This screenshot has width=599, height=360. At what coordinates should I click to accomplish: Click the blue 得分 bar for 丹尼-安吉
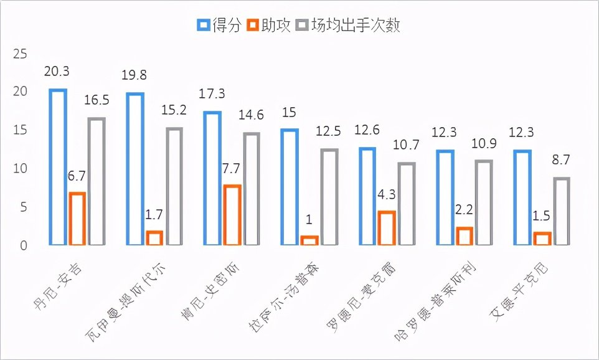[58, 168]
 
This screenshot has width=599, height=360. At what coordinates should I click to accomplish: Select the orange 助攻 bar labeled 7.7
[232, 215]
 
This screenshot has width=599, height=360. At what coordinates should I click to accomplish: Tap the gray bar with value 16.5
[97, 182]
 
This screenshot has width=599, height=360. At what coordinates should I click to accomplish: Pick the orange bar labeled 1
[309, 240]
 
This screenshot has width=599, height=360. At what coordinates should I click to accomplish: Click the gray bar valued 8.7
[561, 212]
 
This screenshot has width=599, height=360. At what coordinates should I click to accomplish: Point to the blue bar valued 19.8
[135, 169]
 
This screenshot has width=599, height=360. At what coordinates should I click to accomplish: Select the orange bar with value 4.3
[386, 229]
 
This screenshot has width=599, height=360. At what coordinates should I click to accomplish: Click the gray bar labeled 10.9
[483, 203]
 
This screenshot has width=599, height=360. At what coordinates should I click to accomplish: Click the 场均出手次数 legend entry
[348, 25]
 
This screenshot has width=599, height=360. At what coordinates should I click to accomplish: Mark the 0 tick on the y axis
[24, 246]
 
